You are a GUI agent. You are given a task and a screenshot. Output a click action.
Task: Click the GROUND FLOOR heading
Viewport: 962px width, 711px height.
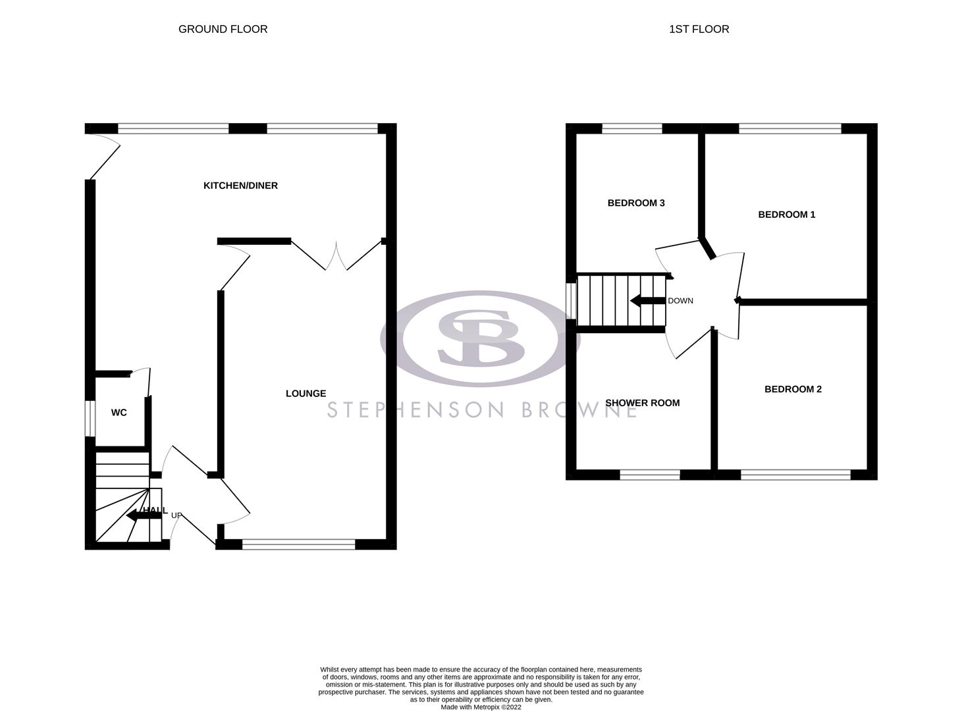(223, 29)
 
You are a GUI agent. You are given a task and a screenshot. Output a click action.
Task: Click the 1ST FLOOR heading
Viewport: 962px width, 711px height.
(699, 29)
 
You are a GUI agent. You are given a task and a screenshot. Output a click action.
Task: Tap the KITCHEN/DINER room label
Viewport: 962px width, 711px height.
(240, 186)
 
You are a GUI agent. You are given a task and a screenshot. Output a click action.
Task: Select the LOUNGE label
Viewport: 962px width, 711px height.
(306, 394)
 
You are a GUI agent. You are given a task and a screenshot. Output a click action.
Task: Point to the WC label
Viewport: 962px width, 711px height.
(119, 413)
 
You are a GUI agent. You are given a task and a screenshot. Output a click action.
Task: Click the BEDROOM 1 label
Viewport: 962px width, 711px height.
(786, 215)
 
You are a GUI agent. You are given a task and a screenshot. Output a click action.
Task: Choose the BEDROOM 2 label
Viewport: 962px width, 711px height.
(793, 389)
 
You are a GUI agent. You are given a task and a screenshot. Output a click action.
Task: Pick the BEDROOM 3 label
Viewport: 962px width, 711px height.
(635, 203)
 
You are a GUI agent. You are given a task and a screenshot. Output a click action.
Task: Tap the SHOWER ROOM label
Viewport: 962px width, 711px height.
(642, 403)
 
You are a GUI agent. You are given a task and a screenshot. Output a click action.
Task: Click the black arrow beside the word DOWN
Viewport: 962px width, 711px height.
(647, 301)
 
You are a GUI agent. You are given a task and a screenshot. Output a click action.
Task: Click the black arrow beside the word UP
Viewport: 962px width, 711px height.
(140, 514)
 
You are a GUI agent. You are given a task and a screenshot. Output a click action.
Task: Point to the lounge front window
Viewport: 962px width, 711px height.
(298, 544)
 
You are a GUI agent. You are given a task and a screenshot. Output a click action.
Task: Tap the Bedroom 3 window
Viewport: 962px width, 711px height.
(631, 128)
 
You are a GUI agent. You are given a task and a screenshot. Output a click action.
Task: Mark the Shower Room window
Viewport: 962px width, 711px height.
(649, 474)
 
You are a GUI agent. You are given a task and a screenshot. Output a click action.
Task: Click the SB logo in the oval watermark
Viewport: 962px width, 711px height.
(481, 338)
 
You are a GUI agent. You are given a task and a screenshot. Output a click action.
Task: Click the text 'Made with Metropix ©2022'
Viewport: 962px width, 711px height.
(481, 707)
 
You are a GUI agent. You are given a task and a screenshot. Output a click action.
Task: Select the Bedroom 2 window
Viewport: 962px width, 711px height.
(795, 474)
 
